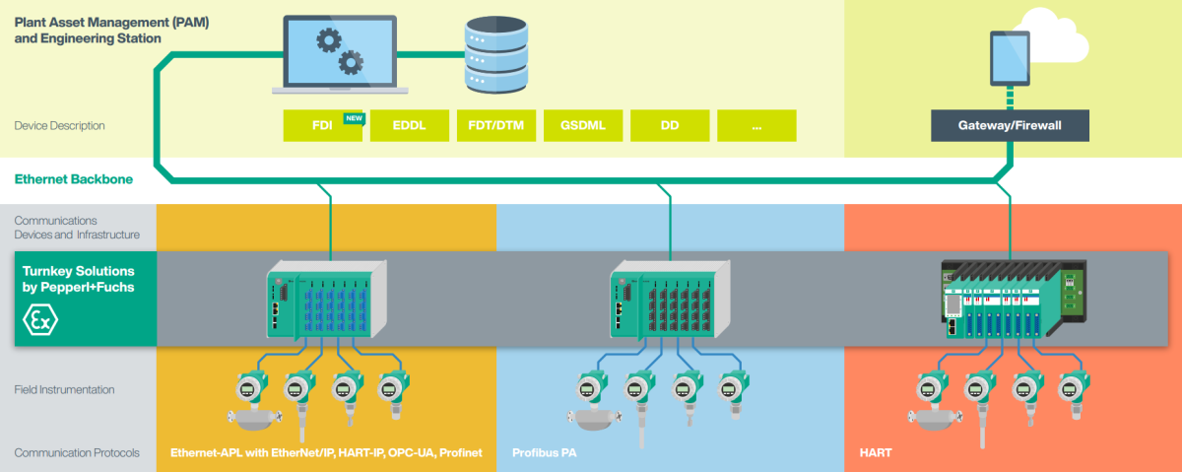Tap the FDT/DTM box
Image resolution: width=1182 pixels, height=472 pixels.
495,126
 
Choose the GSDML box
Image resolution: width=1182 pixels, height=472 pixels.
582,126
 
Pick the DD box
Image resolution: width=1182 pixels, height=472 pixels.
669,126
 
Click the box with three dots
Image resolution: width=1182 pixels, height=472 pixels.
755,126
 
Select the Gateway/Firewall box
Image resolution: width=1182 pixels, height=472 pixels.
1010,126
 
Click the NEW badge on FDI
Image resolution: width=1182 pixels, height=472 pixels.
354,118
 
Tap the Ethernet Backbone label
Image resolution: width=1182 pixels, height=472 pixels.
74,180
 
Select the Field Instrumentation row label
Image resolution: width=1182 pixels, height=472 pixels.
64,390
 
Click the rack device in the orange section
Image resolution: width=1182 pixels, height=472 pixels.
1013,299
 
